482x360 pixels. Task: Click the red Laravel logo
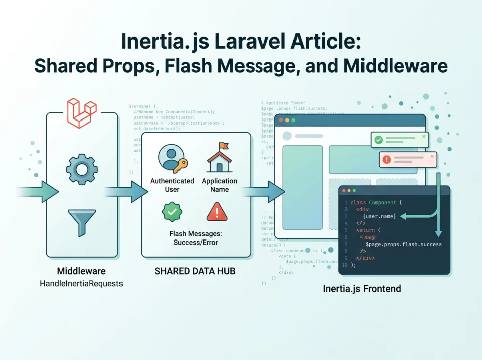(x=82, y=113)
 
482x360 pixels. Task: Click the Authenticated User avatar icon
(x=172, y=158)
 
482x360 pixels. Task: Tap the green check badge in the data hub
(x=172, y=212)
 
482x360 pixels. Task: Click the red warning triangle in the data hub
(x=217, y=212)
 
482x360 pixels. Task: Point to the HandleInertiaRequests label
(x=81, y=284)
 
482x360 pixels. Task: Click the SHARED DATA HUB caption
(x=195, y=271)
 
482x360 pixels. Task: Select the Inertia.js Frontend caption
(x=361, y=289)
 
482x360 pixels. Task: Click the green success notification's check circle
(x=379, y=140)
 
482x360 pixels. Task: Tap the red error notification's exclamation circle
(x=387, y=160)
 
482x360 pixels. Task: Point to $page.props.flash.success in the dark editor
(x=404, y=244)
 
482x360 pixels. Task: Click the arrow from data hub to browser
(x=264, y=192)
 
